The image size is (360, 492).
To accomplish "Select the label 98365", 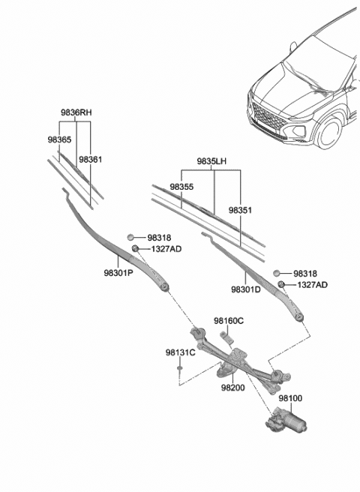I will tap(59, 139).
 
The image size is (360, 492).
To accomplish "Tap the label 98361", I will tap(90, 159).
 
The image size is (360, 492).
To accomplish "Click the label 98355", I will tap(181, 187).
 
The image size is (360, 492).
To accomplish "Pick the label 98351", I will tap(241, 211).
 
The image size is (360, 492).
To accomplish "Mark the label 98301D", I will tap(246, 289).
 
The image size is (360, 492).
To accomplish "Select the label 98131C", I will tap(180, 352).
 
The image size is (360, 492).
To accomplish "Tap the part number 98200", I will tap(234, 388).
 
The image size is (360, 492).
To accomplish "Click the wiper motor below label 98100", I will tap(289, 424).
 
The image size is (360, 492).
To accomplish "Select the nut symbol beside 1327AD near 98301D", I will tap(280, 285).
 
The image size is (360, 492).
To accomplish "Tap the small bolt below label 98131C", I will tap(180, 368).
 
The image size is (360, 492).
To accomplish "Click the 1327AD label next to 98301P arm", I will tap(165, 248).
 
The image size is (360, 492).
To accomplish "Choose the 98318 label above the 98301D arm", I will tap(305, 274).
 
